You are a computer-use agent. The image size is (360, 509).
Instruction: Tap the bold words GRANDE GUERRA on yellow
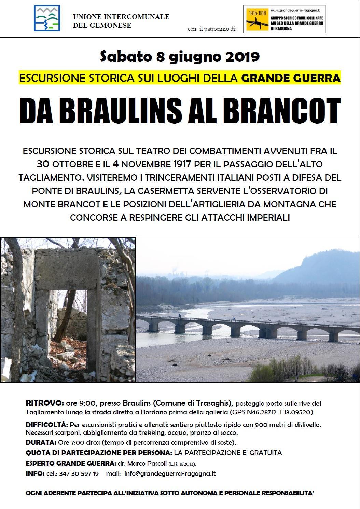291,78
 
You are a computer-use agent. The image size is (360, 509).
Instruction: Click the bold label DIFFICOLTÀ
47,425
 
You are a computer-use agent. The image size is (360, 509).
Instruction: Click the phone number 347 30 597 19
79,474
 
